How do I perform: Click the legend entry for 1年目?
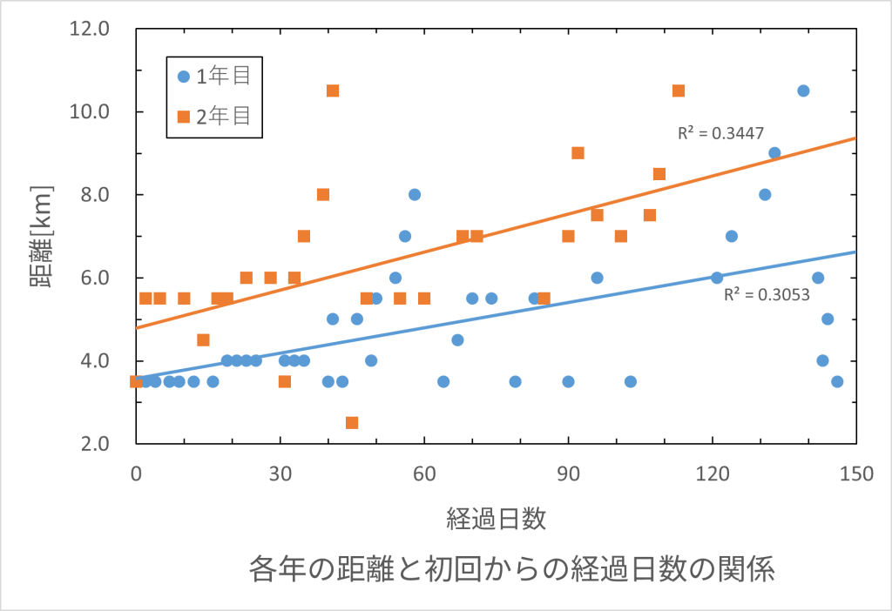214,76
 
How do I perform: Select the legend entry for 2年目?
214,116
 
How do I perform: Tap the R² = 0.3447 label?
721,133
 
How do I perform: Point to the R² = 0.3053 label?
767,294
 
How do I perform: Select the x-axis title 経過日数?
496,520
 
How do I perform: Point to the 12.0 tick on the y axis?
90,29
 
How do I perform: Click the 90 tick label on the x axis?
568,474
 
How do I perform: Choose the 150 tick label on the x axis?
856,474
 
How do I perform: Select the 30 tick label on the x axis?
280,474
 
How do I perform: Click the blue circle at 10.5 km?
803,91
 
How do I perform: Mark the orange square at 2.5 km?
352,423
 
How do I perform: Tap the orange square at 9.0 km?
578,153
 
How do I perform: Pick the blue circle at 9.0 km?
774,153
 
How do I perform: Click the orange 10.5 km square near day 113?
679,91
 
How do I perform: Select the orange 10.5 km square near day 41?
333,91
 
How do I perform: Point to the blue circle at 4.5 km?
457,339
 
